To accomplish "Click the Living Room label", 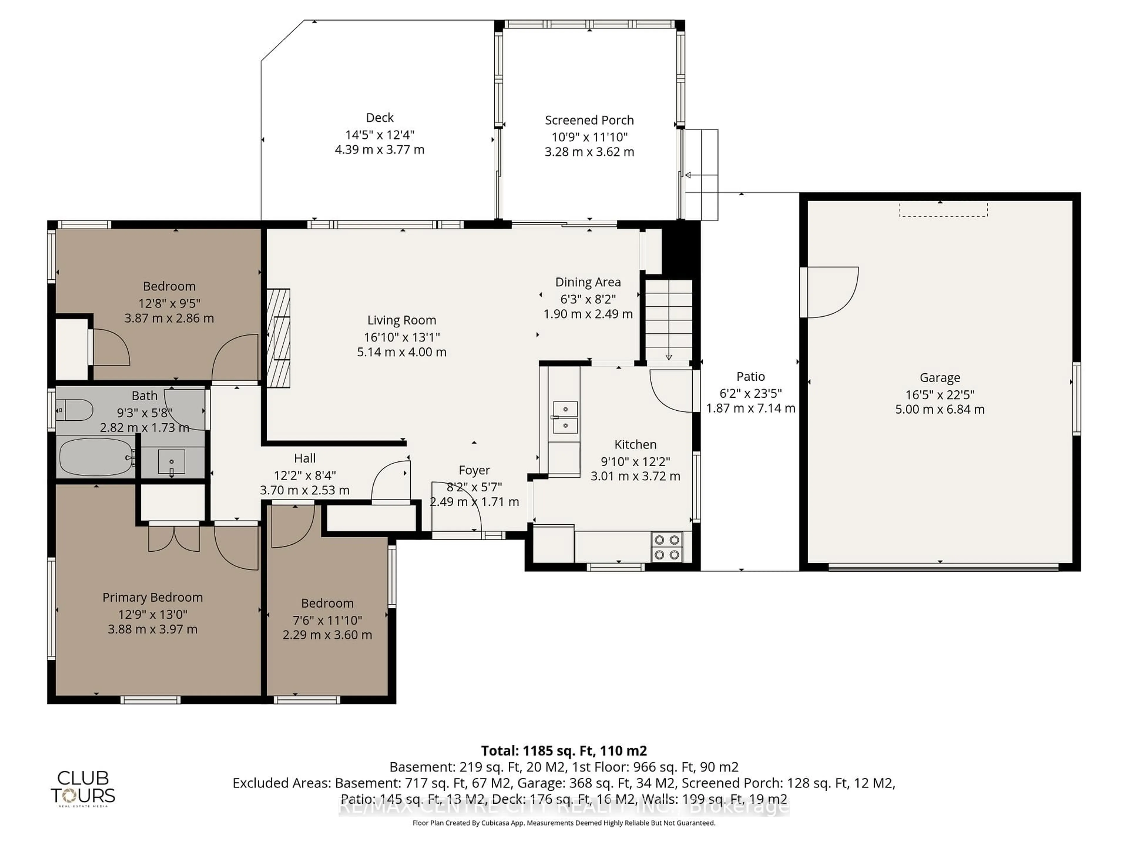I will (401, 320).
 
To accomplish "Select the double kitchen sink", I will (565, 417).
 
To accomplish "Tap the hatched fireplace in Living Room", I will (278, 338).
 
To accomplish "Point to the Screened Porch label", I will (589, 120).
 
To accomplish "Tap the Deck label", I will (380, 118).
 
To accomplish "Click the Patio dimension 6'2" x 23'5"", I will (750, 393).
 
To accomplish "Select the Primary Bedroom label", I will (152, 597).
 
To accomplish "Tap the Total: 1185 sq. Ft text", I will (563, 751).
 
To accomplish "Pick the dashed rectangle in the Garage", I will (943, 209).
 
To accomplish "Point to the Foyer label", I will (474, 470).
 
